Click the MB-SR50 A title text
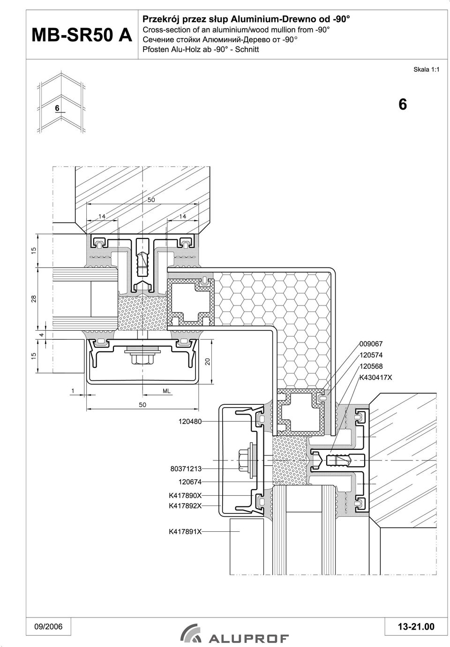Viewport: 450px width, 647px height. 82,35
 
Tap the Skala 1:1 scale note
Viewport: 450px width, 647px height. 426,69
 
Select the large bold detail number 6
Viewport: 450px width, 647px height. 403,104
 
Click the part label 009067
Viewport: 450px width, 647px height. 371,344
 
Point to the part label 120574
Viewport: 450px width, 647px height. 371,355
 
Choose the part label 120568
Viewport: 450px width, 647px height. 371,366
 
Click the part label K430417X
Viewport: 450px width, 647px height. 376,378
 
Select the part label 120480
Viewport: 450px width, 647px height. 190,421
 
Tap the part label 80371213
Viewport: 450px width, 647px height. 186,469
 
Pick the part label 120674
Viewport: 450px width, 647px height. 190,482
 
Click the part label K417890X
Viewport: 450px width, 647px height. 185,496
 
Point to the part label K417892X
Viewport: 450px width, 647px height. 185,506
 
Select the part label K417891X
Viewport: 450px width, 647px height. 185,531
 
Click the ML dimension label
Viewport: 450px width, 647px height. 166,391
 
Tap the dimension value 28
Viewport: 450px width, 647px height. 34,298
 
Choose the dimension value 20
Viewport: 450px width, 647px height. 208,361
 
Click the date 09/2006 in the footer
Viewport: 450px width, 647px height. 48,626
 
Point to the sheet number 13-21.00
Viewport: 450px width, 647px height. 416,626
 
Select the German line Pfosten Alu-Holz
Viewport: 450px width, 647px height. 201,49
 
